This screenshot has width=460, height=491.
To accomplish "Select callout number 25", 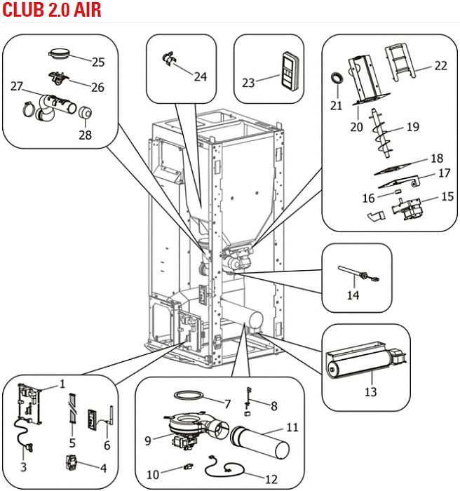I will point(98,62).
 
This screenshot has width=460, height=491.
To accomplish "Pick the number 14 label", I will point(353,296).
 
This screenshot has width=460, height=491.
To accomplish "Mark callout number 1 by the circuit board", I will point(62,384).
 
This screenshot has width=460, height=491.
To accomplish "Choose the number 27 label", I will point(18,86).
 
